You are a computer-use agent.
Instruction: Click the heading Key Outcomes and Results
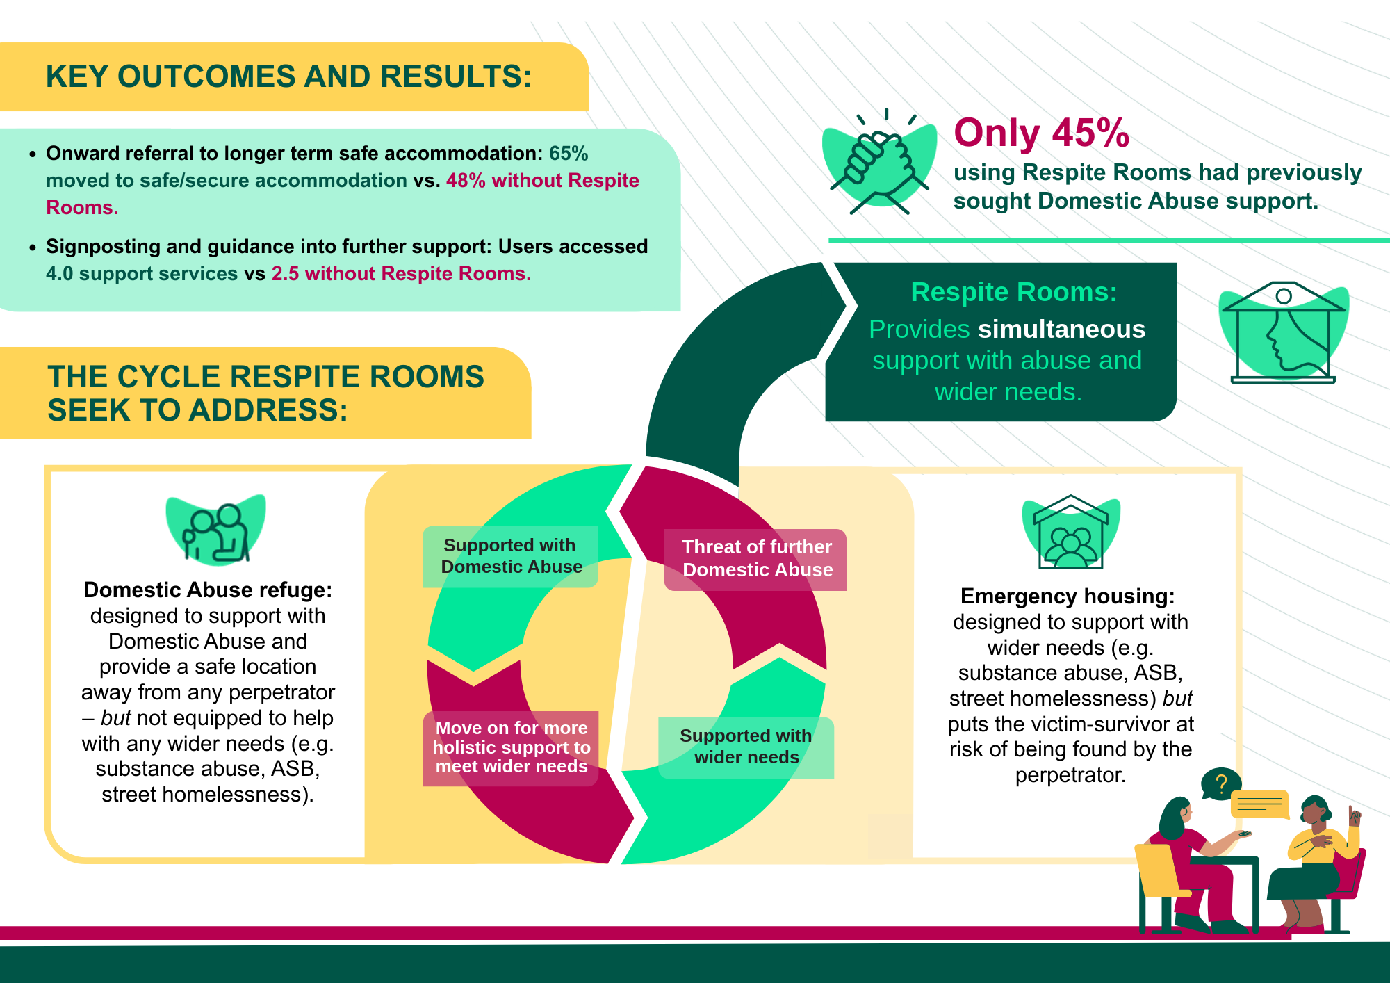(x=288, y=76)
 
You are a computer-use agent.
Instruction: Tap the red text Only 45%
(x=1041, y=133)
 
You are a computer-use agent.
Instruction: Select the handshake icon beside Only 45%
(x=879, y=164)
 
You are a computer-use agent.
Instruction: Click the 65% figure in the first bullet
(x=569, y=154)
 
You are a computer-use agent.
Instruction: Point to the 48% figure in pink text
(x=466, y=181)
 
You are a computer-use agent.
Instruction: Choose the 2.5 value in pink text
(x=285, y=274)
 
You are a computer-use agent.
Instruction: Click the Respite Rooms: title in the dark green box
(x=1013, y=293)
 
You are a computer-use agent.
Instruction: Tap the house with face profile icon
(x=1283, y=334)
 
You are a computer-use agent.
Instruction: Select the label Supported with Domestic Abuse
(x=511, y=556)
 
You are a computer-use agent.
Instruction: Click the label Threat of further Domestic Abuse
(x=757, y=558)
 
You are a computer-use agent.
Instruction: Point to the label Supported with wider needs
(x=746, y=747)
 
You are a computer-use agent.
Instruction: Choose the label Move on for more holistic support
(x=511, y=747)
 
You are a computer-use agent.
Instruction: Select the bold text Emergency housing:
(x=1067, y=596)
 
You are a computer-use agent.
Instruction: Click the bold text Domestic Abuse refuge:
(x=208, y=590)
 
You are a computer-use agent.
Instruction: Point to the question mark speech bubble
(x=1220, y=784)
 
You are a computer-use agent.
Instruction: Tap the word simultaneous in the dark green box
(x=1061, y=330)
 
